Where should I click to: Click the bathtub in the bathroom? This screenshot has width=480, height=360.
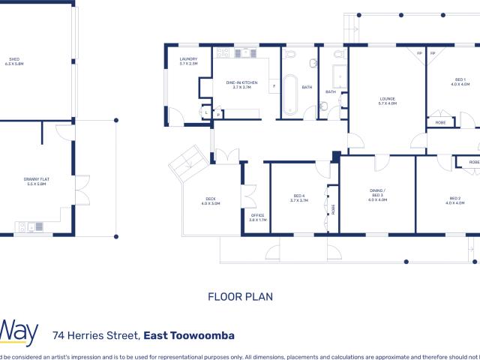[289, 97]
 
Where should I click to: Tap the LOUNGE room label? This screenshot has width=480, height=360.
[387, 100]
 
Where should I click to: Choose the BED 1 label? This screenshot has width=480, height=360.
[459, 82]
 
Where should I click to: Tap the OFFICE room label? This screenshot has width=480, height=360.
[257, 217]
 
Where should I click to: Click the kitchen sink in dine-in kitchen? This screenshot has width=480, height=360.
[245, 53]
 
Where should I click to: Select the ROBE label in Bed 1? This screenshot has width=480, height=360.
[441, 121]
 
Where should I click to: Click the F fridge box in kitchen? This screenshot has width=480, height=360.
[274, 85]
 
